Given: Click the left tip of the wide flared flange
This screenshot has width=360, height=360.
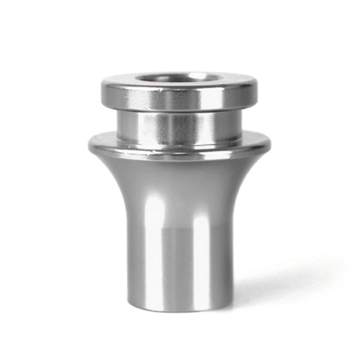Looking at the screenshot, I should [89, 143].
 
